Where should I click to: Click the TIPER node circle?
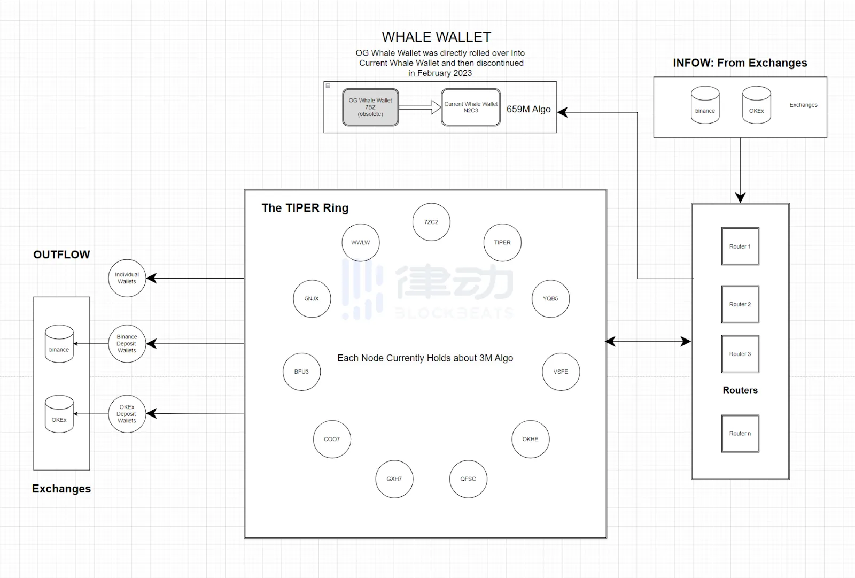pyautogui.click(x=502, y=243)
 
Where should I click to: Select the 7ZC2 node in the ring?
pyautogui.click(x=431, y=222)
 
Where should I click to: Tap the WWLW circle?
pyautogui.click(x=361, y=243)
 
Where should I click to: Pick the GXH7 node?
pyautogui.click(x=394, y=479)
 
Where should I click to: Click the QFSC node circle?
pyautogui.click(x=468, y=479)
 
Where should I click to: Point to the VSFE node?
pyautogui.click(x=561, y=372)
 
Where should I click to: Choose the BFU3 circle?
pyautogui.click(x=301, y=372)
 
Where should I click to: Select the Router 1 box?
pyautogui.click(x=740, y=246)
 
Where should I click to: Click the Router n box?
pyautogui.click(x=740, y=434)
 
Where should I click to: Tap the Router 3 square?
pyautogui.click(x=740, y=354)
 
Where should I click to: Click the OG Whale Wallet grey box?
pyautogui.click(x=370, y=107)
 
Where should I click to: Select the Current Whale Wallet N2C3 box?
pyautogui.click(x=471, y=107)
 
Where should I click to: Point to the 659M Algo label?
pyautogui.click(x=528, y=109)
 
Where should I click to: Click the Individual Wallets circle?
pyautogui.click(x=127, y=278)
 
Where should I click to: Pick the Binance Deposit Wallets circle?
pyautogui.click(x=127, y=344)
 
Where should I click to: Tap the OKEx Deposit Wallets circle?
pyautogui.click(x=127, y=414)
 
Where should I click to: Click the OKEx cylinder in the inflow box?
pyautogui.click(x=756, y=105)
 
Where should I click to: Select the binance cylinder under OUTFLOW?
pyautogui.click(x=59, y=344)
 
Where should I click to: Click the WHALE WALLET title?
pyautogui.click(x=436, y=37)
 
